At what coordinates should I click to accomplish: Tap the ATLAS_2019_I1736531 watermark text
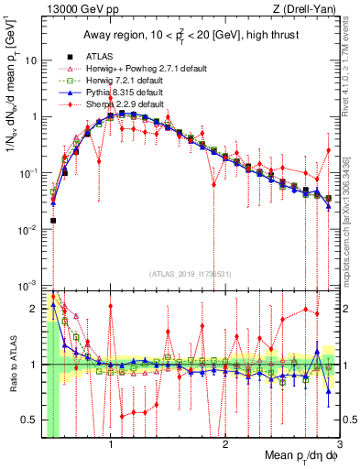(191, 274)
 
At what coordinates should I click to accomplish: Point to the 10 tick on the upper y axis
(29, 60)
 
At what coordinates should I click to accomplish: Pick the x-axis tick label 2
(225, 447)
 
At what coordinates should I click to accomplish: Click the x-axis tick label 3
(339, 447)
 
